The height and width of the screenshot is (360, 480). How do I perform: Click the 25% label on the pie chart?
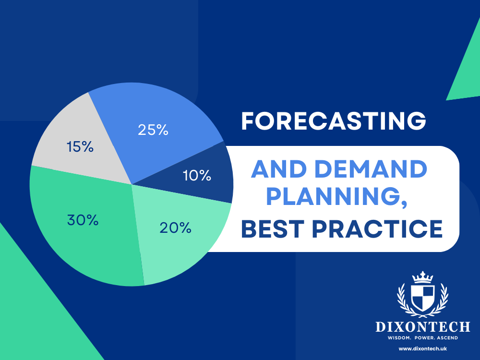point(153,130)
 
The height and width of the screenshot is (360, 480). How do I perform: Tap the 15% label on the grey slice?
point(80,146)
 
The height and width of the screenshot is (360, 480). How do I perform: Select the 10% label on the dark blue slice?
point(197,176)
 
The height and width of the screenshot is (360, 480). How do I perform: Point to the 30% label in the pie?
point(83,220)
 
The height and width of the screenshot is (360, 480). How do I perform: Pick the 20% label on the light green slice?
point(176,228)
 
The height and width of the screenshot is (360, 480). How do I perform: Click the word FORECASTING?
point(333,121)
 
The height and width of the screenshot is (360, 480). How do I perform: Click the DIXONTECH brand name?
point(422,327)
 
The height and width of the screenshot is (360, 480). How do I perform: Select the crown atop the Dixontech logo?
point(422,277)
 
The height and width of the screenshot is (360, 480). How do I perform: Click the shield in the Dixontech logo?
point(422,297)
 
